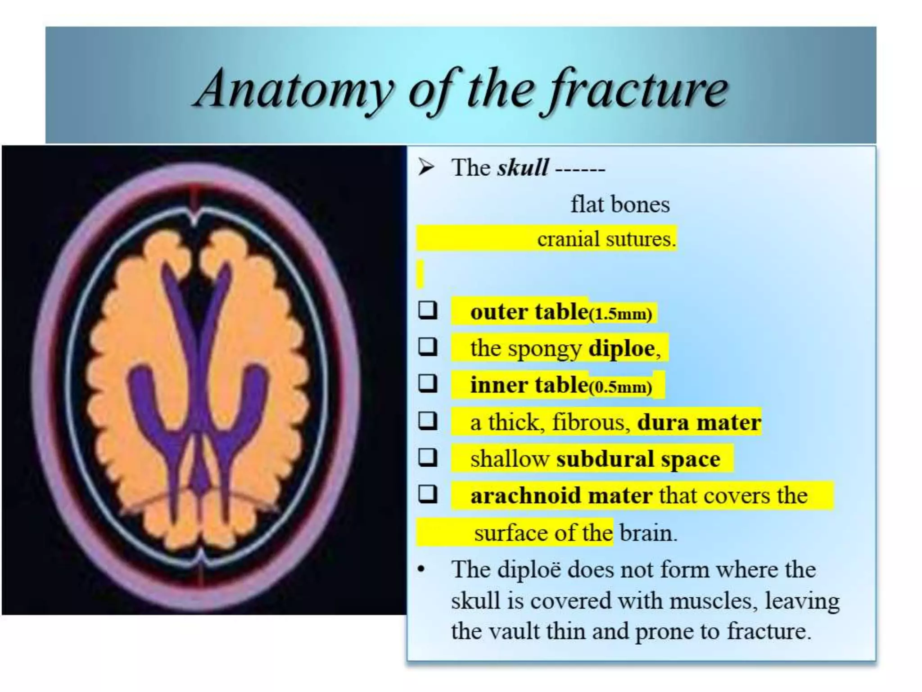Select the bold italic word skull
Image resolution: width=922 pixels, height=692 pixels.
[x=523, y=168]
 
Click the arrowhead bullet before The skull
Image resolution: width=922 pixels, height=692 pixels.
[x=426, y=168]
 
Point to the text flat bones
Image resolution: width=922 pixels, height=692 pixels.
[x=620, y=204]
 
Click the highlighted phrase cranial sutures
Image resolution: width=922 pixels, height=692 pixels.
[x=606, y=238]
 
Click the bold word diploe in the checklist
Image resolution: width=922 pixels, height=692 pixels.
[x=622, y=348]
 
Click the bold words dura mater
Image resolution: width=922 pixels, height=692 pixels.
[x=699, y=422]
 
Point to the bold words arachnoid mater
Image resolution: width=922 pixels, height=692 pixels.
[x=561, y=496]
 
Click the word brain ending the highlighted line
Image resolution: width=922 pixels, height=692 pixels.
[x=648, y=533]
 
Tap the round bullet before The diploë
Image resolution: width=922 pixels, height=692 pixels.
[x=421, y=570]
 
